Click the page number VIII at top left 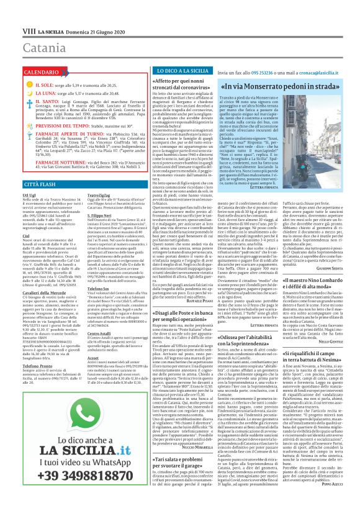tap(13, 12)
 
